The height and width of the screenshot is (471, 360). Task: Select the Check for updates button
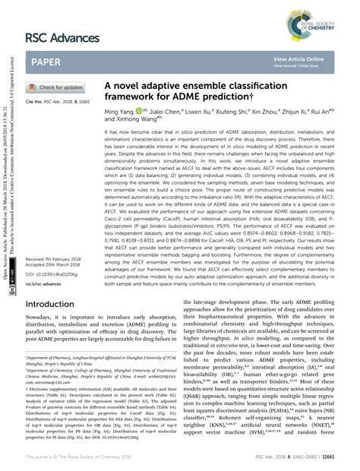58,87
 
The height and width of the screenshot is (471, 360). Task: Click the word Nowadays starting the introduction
41,323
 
